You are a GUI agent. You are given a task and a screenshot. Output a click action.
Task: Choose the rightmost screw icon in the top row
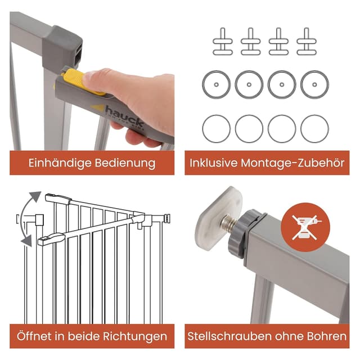click(307, 40)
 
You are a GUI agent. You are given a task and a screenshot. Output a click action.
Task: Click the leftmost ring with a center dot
click(217, 84)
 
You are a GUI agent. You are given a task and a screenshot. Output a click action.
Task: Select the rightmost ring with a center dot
click(314, 84)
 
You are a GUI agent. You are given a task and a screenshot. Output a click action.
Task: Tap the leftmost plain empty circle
click(217, 129)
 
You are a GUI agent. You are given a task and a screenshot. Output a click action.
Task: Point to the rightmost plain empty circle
click(314, 129)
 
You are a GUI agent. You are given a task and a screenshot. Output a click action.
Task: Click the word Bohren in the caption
click(326, 336)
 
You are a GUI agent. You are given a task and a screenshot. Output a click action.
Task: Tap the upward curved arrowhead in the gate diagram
click(34, 197)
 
